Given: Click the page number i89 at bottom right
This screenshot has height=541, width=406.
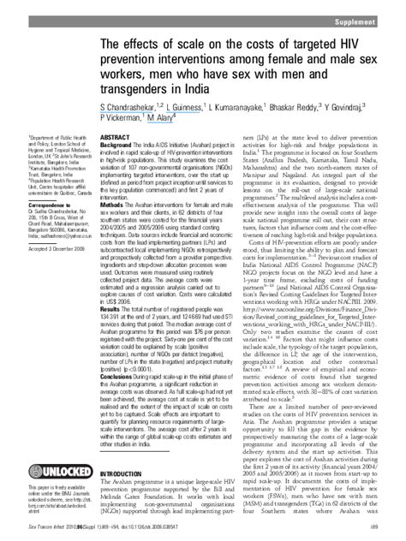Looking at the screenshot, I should (387, 533).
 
